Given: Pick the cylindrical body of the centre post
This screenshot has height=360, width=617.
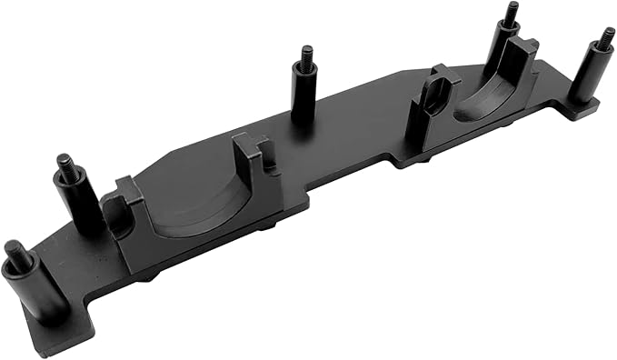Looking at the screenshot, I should [304, 100].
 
